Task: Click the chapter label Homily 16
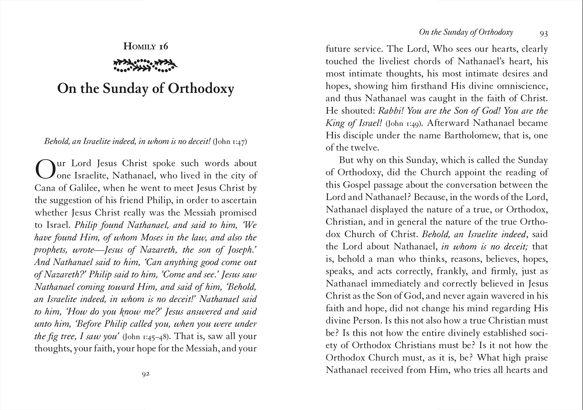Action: [146, 46]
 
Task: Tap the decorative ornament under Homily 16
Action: [146, 65]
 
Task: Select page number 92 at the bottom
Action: [145, 374]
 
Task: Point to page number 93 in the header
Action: [544, 33]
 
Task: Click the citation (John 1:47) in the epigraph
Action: [230, 141]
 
